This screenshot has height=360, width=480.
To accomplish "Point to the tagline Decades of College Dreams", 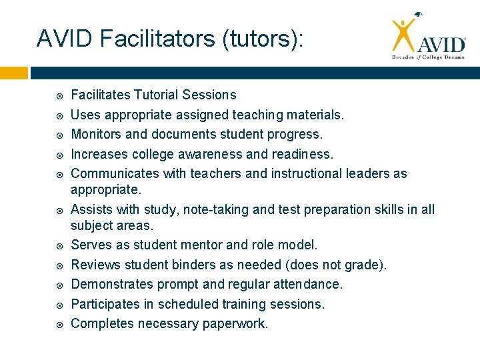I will click(x=427, y=57).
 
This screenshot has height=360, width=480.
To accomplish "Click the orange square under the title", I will click(x=14, y=72).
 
